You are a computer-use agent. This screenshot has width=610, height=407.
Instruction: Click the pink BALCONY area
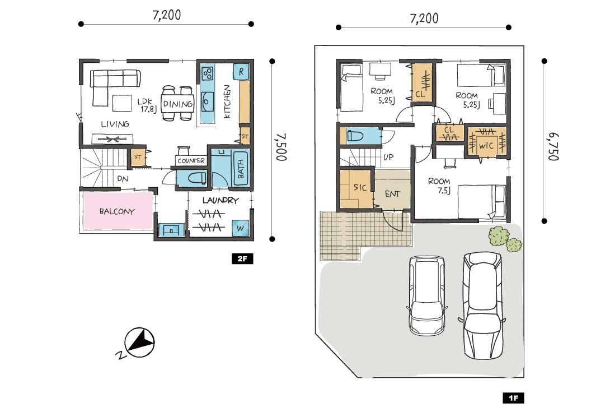[x=118, y=211]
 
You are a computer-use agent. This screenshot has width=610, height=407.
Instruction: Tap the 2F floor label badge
[x=242, y=258]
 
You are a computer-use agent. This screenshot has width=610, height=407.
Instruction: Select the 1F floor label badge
[x=513, y=397]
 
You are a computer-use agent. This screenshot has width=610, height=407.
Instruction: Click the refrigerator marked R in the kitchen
[x=241, y=72]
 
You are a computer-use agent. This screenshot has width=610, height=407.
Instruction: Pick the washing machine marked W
[x=240, y=228]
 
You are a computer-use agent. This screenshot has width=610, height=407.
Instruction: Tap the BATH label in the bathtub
[x=241, y=169]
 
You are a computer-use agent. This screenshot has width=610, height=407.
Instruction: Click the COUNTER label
[x=191, y=161]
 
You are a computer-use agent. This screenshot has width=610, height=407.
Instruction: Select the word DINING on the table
[x=178, y=104]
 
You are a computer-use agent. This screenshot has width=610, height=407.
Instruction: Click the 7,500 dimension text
[x=281, y=147]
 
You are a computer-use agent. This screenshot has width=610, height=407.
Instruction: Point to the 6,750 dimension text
[x=553, y=147]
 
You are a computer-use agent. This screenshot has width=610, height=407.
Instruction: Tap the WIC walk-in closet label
[x=486, y=146]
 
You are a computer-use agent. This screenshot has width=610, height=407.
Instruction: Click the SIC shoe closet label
[x=360, y=187]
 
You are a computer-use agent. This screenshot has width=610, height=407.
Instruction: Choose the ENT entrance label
[x=392, y=194]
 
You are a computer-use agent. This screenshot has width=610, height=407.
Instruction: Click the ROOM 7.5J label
[x=440, y=186]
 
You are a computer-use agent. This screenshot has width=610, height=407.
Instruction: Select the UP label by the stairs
[x=388, y=157]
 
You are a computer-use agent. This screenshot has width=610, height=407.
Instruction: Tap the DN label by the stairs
[x=123, y=179]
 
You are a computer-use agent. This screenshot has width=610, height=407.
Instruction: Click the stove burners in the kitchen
[x=208, y=73]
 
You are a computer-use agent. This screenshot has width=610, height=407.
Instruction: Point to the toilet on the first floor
[x=355, y=136]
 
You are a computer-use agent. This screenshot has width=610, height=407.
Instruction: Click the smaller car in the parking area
[x=427, y=295]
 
